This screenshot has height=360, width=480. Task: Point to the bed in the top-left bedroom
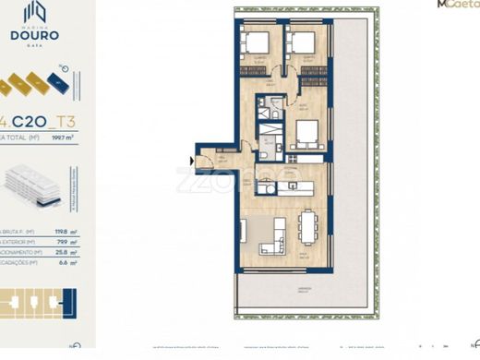[256, 43]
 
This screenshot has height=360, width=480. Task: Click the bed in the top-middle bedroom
[303, 43]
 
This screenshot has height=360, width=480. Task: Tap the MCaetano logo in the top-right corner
[456, 6]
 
